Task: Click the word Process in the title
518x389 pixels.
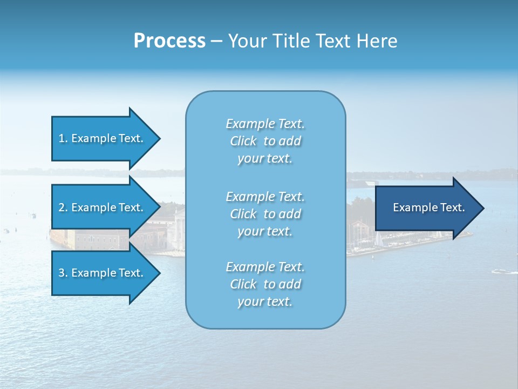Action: click(169, 41)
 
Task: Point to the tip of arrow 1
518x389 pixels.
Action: click(159, 138)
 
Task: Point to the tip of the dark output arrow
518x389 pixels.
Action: click(483, 208)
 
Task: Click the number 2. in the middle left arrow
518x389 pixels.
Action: click(63, 207)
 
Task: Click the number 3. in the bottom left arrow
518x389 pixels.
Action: click(63, 273)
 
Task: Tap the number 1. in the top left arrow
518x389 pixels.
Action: click(63, 138)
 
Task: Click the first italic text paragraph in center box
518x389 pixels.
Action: click(265, 141)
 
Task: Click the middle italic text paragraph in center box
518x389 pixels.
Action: click(265, 214)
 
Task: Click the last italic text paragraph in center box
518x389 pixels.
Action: click(265, 284)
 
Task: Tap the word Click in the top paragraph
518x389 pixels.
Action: click(243, 141)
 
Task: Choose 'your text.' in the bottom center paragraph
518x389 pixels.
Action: click(265, 301)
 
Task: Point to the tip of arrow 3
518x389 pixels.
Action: click(159, 273)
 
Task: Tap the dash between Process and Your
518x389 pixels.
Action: click(216, 41)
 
